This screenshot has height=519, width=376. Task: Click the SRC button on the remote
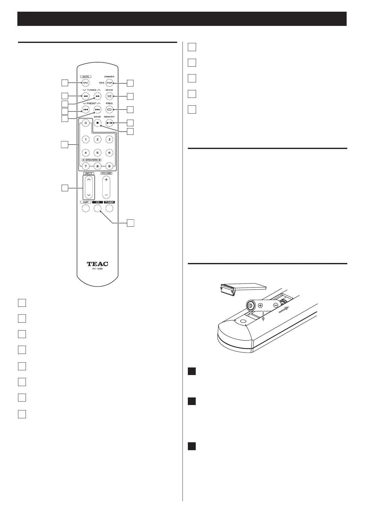[86, 83]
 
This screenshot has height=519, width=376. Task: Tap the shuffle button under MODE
[109, 96]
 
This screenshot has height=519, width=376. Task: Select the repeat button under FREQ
[109, 110]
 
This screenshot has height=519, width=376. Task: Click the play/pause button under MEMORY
[109, 123]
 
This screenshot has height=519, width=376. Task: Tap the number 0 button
[86, 123]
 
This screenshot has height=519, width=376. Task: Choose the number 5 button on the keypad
[98, 153]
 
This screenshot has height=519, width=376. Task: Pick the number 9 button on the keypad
[109, 166]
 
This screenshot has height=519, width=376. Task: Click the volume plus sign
[106, 180]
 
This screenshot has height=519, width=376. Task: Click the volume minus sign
[106, 195]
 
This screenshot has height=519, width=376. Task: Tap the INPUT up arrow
[89, 180]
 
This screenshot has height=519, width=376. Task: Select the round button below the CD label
[98, 208]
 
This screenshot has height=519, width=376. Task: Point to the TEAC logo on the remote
[98, 264]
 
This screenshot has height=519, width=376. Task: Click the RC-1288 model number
[98, 269]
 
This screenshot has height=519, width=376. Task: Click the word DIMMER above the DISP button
[109, 77]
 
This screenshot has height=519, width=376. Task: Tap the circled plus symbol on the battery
[260, 305]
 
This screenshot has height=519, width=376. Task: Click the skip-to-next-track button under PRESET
[98, 110]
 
